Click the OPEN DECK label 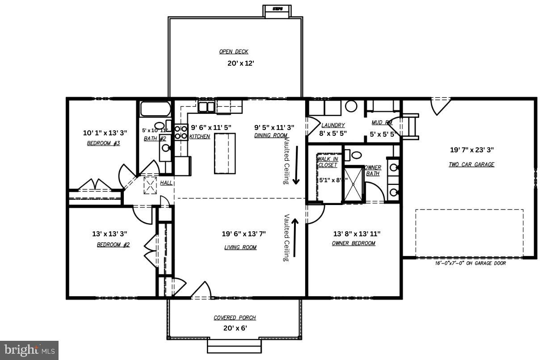point(233,52)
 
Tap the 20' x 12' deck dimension point(240,63)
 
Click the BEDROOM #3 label point(103,143)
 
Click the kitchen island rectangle point(224,153)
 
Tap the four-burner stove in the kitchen point(181,132)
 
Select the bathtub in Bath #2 point(155,109)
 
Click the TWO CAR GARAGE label point(471,164)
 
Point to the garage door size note point(470,263)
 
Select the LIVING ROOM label point(240,247)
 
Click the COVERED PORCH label point(235,318)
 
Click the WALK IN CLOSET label point(328,162)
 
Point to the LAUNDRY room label point(333,125)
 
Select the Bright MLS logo point(29,350)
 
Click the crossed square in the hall point(150,185)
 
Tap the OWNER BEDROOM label point(353,243)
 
